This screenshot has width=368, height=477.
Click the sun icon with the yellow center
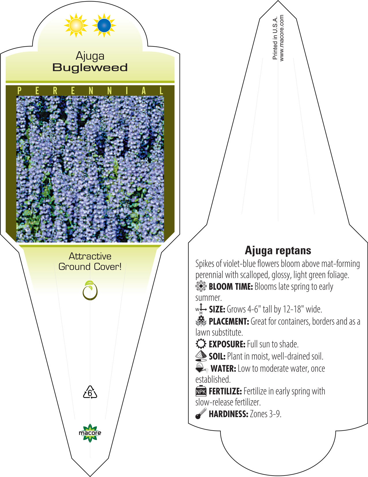76,25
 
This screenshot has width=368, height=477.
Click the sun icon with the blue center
104,25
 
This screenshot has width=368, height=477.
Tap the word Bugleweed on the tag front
90,67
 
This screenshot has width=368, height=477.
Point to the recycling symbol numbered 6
90,392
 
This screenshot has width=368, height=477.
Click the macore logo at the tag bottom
90,433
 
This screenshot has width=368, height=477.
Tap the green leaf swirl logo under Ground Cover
90,290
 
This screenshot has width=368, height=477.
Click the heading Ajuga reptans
278,250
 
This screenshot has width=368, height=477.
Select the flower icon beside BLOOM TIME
201,286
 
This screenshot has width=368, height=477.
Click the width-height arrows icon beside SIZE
201,309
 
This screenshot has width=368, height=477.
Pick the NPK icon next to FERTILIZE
201,391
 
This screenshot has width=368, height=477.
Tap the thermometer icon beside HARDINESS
201,414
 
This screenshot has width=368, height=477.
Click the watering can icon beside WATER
202,368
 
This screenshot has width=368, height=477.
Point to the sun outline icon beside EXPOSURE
201,344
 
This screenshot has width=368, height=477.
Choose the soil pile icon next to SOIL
201,356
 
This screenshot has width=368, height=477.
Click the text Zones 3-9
266,414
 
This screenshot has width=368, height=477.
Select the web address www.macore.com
282,38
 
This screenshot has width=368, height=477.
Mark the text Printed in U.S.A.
275,38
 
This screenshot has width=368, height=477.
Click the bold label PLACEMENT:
229,321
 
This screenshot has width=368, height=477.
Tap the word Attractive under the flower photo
90,256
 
